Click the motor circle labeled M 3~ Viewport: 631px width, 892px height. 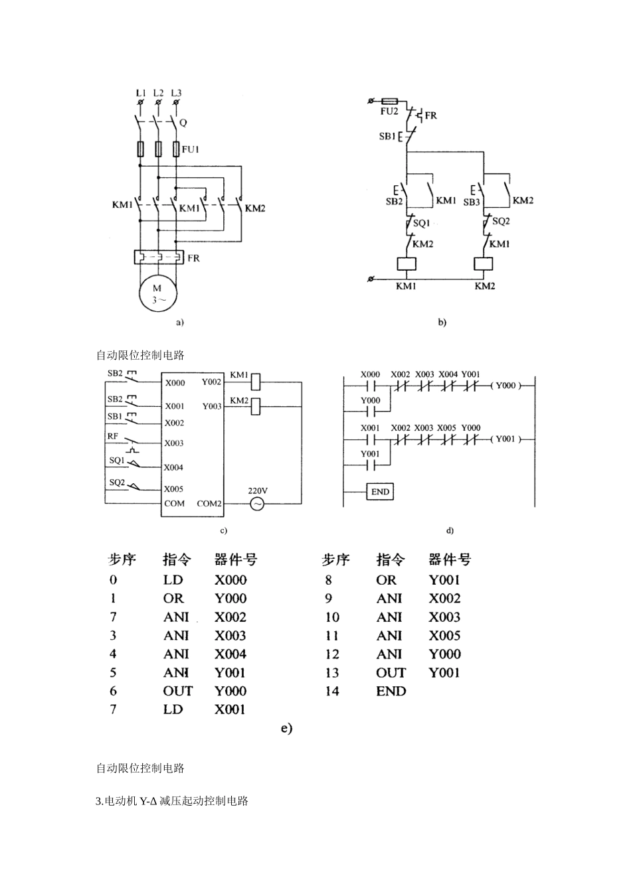click(x=157, y=293)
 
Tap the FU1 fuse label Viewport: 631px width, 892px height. click(x=191, y=149)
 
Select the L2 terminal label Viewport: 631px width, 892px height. click(x=158, y=93)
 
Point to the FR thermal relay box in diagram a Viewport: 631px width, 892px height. click(x=158, y=258)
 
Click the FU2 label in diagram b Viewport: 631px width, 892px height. click(x=389, y=111)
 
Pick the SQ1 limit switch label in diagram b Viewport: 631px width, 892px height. click(x=422, y=224)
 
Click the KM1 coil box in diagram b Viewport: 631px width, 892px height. click(x=406, y=263)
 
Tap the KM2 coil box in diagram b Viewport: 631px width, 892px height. click(x=484, y=263)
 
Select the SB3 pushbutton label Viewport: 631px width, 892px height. click(x=472, y=201)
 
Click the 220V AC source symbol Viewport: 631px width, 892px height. click(x=257, y=504)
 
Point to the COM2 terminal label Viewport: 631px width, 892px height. click(x=209, y=504)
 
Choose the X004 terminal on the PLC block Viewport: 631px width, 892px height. click(x=173, y=467)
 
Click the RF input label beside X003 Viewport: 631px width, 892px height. click(x=113, y=436)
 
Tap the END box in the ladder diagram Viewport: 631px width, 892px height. click(x=380, y=492)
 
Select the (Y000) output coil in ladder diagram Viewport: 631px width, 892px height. click(x=505, y=385)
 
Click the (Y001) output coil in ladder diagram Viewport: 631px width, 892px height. click(x=505, y=439)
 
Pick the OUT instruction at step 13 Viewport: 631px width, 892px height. click(x=391, y=672)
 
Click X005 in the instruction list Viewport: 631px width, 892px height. click(x=444, y=635)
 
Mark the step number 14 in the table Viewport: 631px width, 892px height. click(x=332, y=691)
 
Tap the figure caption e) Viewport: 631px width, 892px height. click(x=286, y=728)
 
